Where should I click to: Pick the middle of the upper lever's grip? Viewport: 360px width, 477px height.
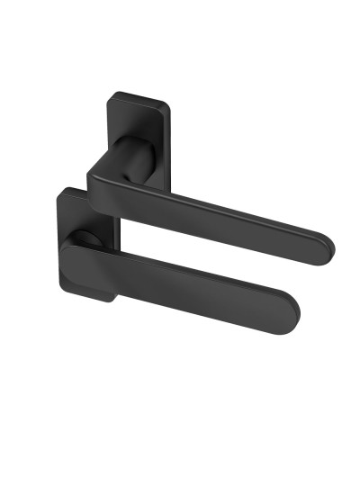pos(225,216)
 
